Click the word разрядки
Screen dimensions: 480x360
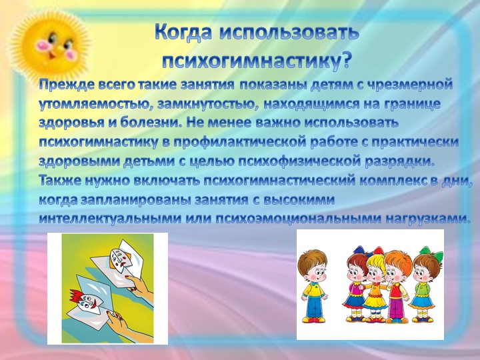(400, 161)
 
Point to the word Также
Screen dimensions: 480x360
(59, 180)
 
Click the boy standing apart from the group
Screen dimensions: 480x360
(313, 285)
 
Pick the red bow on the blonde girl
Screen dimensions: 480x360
(378, 251)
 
